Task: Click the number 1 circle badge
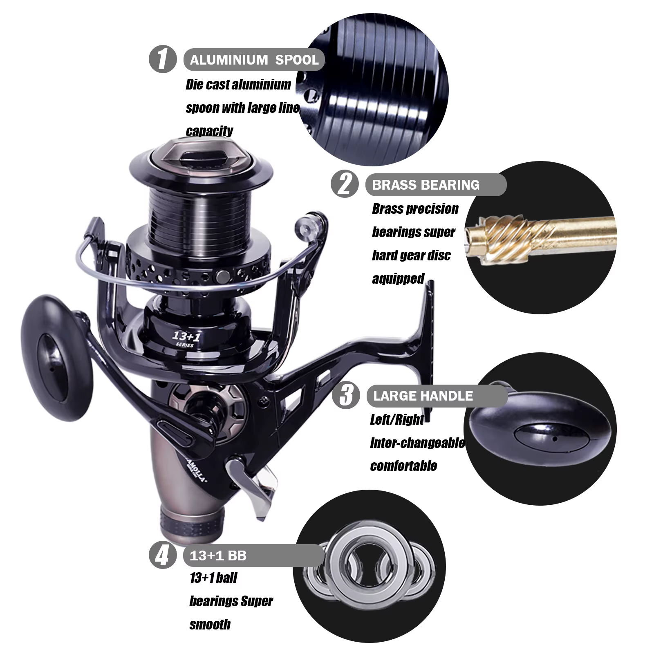[163, 60]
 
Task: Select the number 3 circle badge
[346, 395]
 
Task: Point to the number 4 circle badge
[163, 555]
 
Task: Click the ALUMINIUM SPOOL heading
[254, 60]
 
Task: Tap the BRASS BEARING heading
[426, 185]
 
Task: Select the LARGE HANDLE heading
[423, 396]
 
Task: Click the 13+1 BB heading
[218, 556]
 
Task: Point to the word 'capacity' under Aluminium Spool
[209, 131]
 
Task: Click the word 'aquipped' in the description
[398, 279]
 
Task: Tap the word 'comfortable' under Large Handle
[403, 466]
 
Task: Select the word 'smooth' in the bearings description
[210, 625]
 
